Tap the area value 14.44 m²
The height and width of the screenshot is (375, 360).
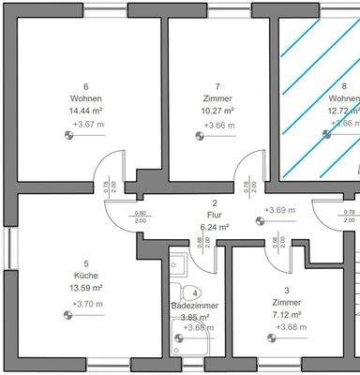(x=85, y=111)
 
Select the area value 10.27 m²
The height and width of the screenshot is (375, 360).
(x=217, y=111)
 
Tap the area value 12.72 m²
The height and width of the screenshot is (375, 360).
(x=343, y=111)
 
